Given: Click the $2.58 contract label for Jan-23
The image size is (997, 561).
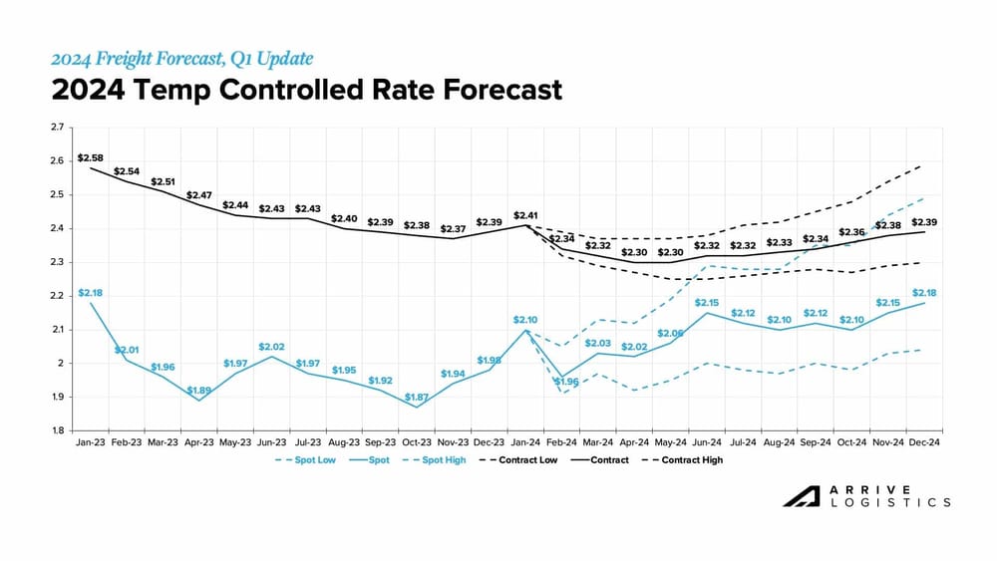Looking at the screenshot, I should click(x=90, y=158).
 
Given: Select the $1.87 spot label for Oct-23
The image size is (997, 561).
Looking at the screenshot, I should click(x=417, y=397).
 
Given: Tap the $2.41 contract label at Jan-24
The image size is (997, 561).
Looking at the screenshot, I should click(x=525, y=215).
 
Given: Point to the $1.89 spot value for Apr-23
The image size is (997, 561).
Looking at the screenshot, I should click(x=199, y=391).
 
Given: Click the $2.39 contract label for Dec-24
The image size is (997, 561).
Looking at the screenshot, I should click(x=924, y=221).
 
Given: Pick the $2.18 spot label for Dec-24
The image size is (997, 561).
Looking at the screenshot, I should click(x=924, y=292).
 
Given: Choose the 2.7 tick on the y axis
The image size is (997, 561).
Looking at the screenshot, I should click(x=57, y=128).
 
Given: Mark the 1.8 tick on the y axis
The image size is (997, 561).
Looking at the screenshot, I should click(x=57, y=430).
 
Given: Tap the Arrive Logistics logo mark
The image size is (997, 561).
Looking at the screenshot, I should click(x=797, y=496).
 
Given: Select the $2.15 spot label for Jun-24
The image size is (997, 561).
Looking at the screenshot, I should click(x=707, y=302).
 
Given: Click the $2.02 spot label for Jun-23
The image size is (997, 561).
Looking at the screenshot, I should click(x=271, y=347).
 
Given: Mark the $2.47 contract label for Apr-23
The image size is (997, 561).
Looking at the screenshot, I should click(x=199, y=195).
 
